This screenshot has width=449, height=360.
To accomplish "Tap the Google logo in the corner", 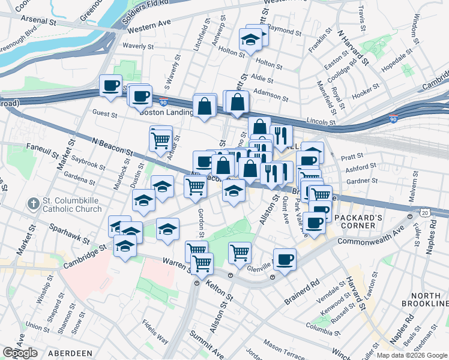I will pyautogui.click(x=20, y=353).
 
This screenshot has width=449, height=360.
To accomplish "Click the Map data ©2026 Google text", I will pyautogui.click(x=412, y=355).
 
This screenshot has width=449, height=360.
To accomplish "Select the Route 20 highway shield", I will pyautogui.click(x=425, y=214).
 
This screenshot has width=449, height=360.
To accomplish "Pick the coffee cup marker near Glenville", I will pyautogui.click(x=285, y=260).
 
